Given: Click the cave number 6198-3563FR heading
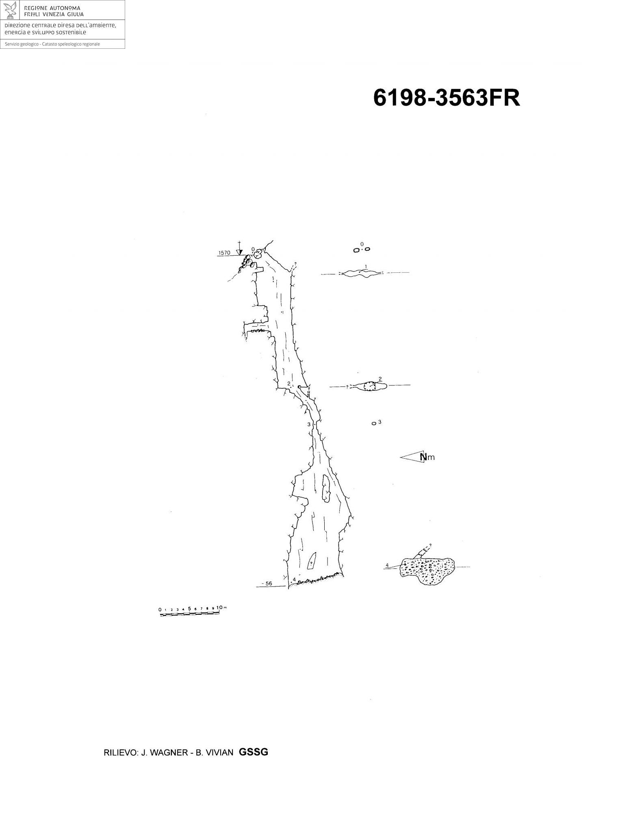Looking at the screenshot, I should point(446,98).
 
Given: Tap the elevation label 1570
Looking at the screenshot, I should point(224,253).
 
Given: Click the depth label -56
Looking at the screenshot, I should point(267,584).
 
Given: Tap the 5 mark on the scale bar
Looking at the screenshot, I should point(189,609).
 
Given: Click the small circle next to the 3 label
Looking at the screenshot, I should point(373,424).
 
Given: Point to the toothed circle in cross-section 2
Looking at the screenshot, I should point(369,386).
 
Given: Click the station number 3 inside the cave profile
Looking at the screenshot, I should point(309,424).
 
